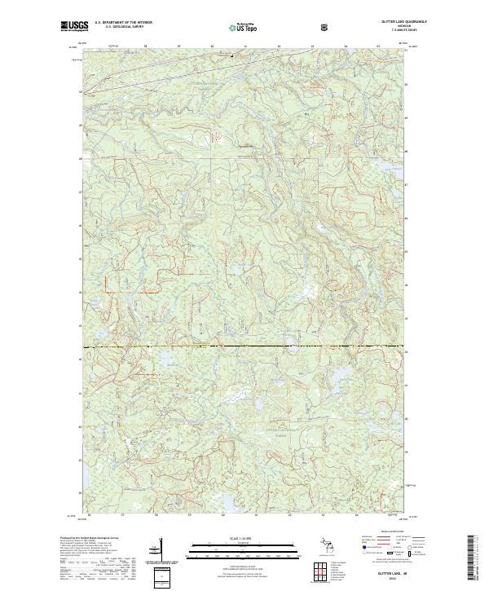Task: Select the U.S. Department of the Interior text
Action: [123, 23]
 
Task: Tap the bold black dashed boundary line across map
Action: [244, 346]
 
